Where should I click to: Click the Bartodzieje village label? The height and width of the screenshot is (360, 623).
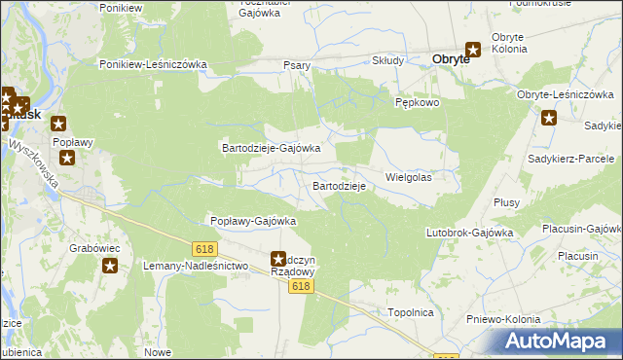point(339,185)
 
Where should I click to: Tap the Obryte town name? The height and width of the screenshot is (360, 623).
point(451,58)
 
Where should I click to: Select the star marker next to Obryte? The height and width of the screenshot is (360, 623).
point(474,50)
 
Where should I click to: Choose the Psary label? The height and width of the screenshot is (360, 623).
point(297,65)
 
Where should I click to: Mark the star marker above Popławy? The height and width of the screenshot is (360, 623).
point(59,124)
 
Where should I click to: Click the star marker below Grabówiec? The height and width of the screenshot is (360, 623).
point(111,266)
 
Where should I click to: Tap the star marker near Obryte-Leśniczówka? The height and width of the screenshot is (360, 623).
point(549,119)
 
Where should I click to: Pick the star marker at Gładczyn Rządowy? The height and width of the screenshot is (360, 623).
point(277,259)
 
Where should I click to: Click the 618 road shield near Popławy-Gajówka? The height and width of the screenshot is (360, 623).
point(203,249)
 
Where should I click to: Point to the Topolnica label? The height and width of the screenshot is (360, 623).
point(410,313)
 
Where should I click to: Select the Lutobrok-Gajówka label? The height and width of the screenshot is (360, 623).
point(469,233)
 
